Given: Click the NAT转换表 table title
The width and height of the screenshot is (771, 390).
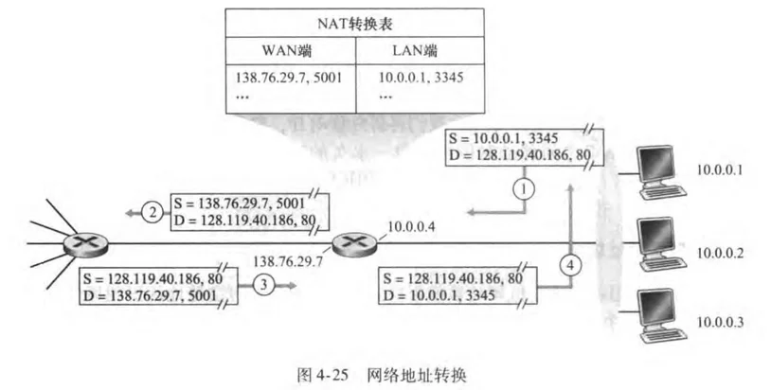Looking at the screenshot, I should point(355,21).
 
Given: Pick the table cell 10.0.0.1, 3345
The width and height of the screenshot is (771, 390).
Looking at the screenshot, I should point(417,75).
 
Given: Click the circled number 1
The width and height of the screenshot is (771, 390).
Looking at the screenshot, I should point(524,188).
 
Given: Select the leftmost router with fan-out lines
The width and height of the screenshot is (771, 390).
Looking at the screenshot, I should point(78,243).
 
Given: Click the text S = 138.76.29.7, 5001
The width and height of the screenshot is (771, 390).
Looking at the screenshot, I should point(239,204).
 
